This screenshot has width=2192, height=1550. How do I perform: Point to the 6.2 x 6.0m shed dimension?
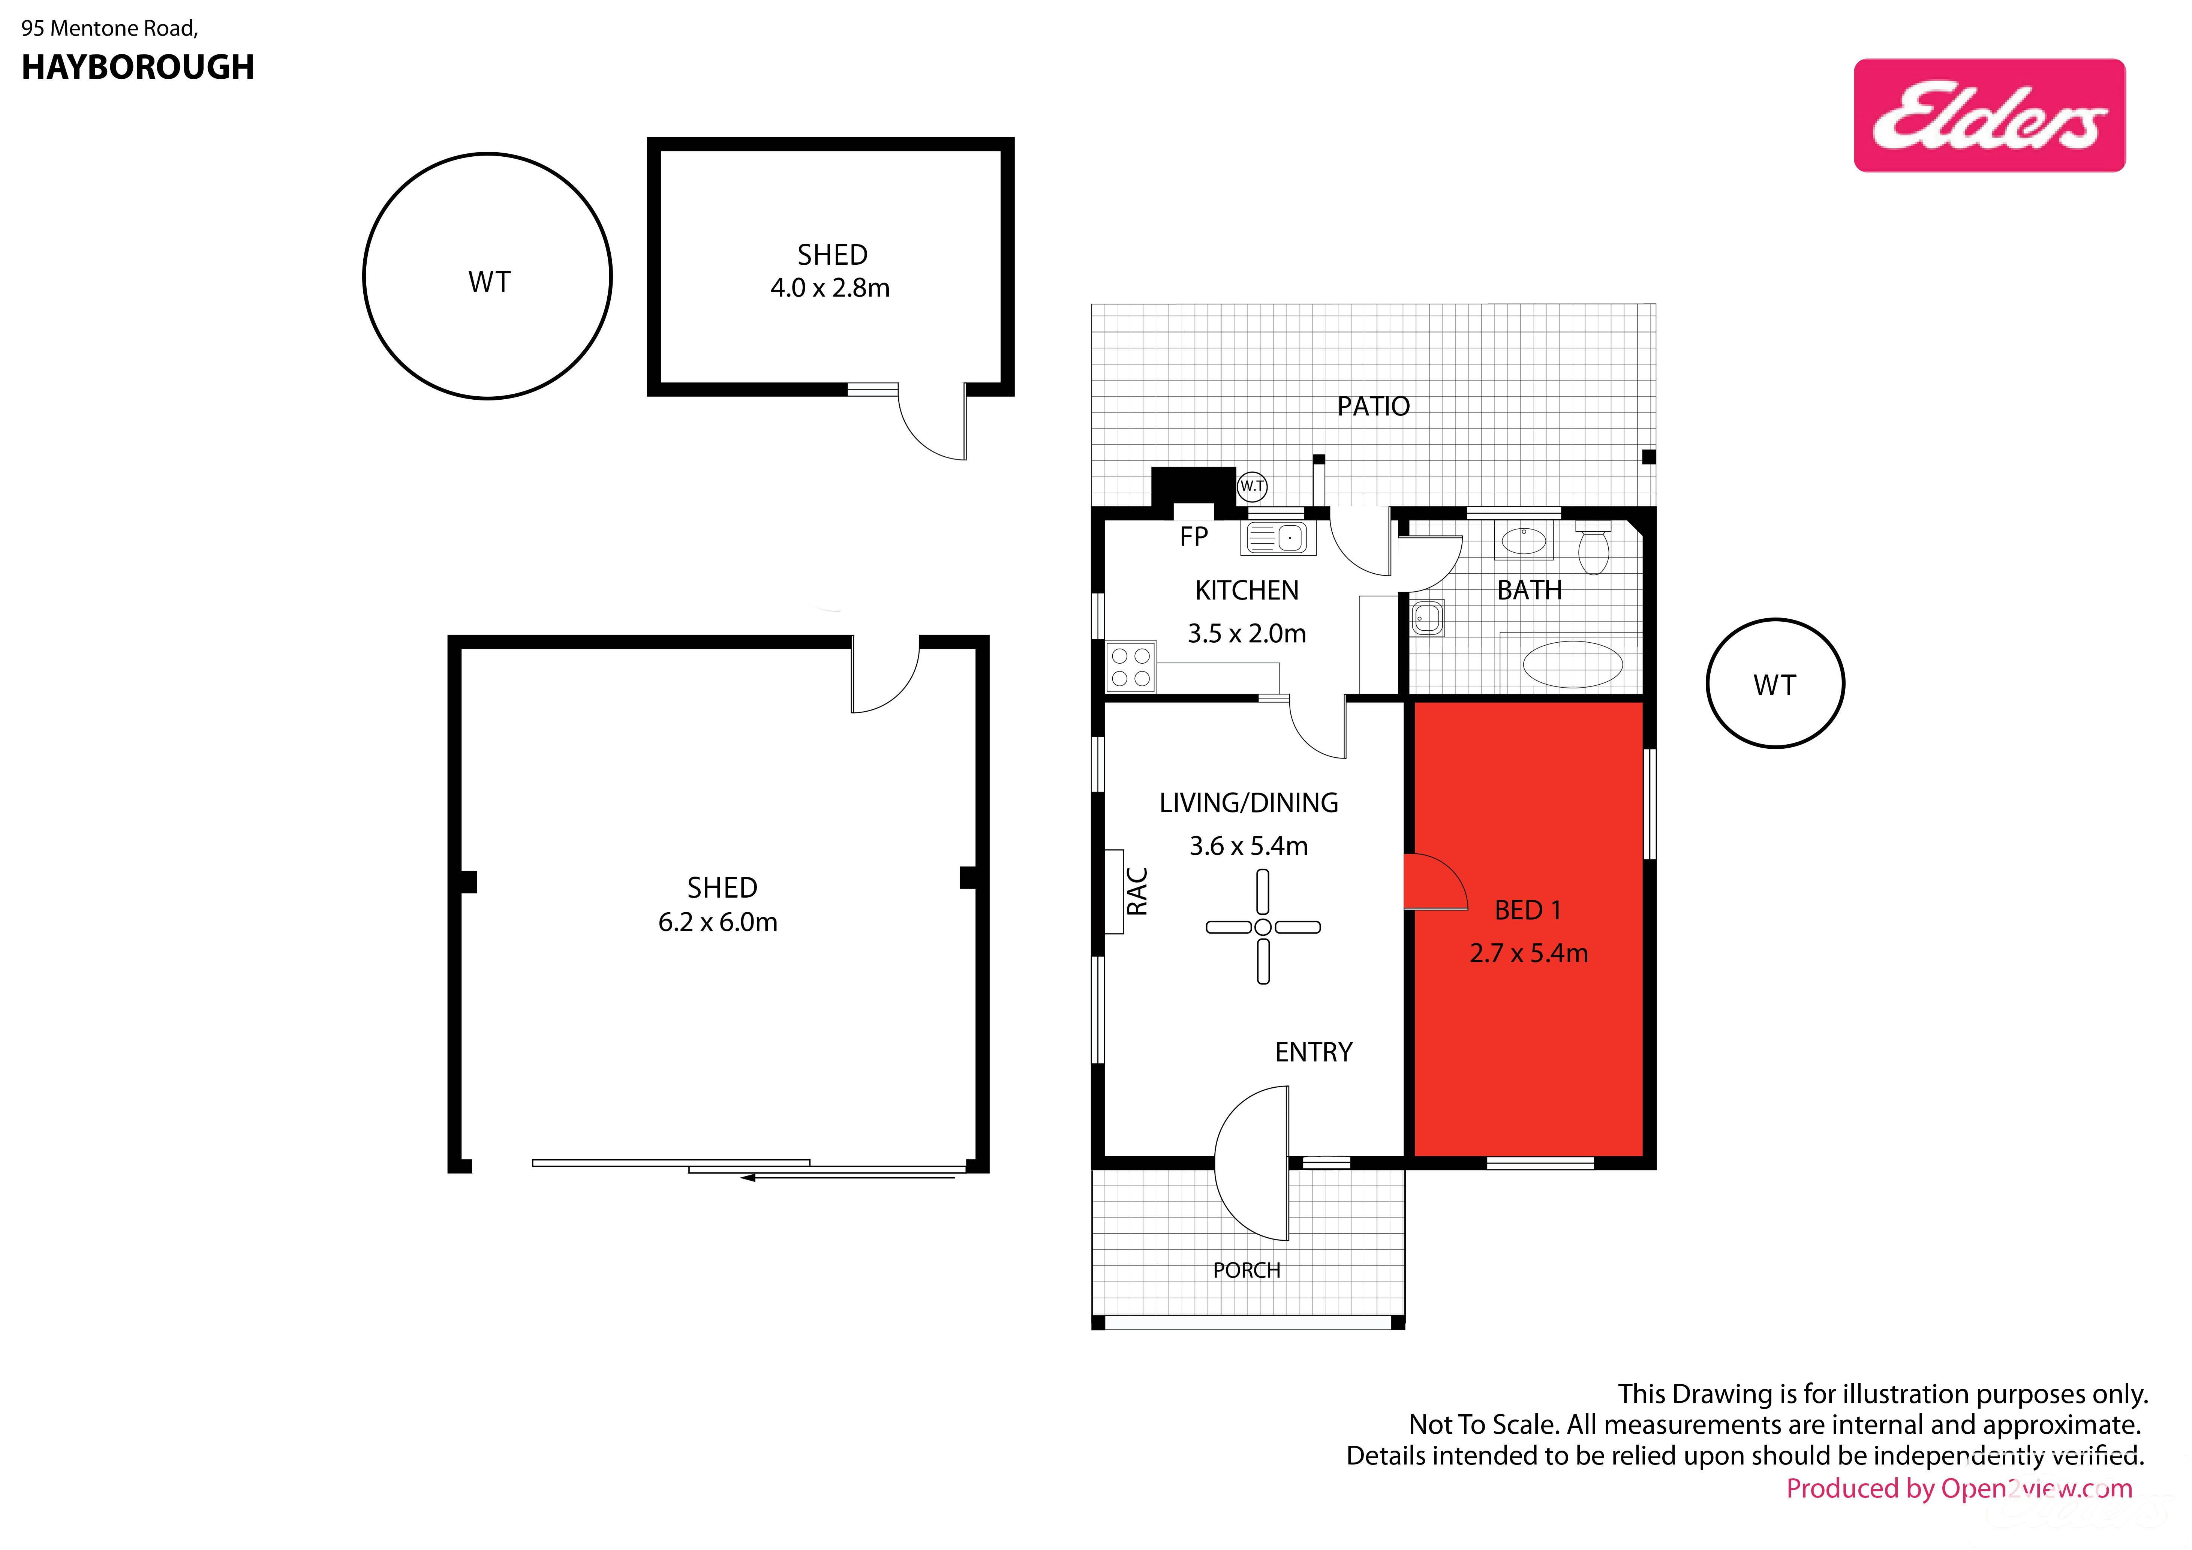pos(718,922)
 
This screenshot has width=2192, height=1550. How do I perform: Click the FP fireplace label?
pos(1193,537)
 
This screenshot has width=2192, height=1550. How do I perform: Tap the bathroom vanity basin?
pos(1524,541)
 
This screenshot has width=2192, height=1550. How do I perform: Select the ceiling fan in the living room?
pos(1263,926)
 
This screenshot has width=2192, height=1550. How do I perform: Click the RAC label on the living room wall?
pos(1137,891)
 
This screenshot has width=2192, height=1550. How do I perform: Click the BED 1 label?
pos(1528,910)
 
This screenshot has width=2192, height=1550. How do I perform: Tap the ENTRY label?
pos(1314,1052)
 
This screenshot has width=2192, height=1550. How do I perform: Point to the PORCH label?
pos(1247,1270)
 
